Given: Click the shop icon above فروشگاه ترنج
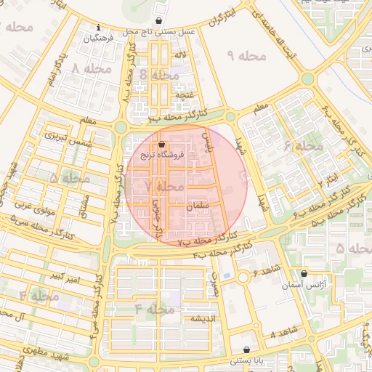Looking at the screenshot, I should click(x=161, y=145).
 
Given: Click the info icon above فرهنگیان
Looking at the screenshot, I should click(x=98, y=28).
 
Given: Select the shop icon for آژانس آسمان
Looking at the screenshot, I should click(x=304, y=274).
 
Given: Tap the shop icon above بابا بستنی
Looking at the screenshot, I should click(x=247, y=349).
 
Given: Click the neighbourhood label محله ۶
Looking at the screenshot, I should click(x=303, y=146).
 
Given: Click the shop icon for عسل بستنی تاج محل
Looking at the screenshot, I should click(x=159, y=21).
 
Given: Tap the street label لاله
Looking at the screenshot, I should click(x=181, y=55).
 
